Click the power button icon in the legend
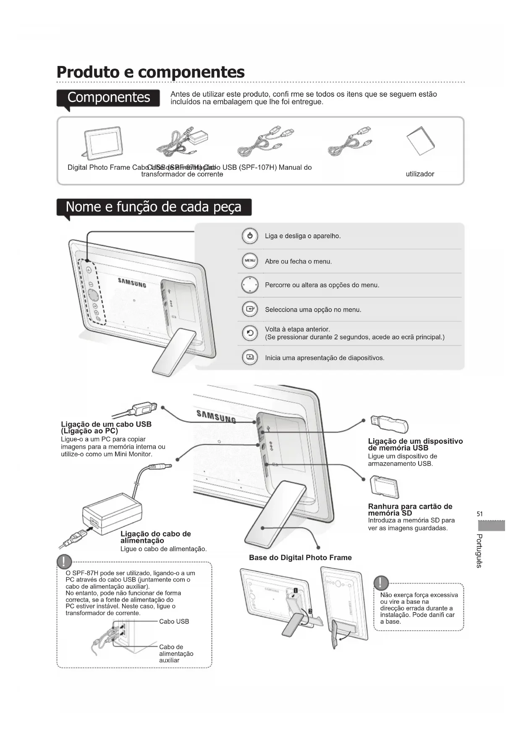250,236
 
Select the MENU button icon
250,261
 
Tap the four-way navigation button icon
250,285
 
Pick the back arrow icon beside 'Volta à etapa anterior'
250,333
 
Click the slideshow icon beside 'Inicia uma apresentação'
250,358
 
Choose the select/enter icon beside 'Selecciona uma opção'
250,309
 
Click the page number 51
480,514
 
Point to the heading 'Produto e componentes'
150,72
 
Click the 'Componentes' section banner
108,97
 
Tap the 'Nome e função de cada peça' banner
154,207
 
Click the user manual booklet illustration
420,141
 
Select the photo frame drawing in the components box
102,142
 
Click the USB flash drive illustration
389,424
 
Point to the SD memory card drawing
384,487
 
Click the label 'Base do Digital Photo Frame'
300,558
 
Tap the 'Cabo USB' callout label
174,621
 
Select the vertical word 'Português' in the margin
479,551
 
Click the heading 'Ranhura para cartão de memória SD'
410,510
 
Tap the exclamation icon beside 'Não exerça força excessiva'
380,582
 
